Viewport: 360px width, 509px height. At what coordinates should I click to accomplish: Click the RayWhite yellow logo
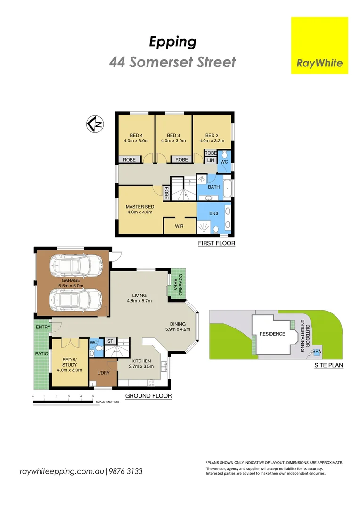click(x=319, y=45)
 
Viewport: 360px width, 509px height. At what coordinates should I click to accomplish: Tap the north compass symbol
click(x=95, y=124)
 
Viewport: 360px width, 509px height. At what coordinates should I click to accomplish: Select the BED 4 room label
click(x=136, y=138)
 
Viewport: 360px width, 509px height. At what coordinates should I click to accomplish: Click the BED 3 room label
click(x=173, y=138)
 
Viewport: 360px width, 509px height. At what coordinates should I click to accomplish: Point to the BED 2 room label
click(x=211, y=138)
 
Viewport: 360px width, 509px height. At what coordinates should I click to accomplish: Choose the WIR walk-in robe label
click(x=179, y=226)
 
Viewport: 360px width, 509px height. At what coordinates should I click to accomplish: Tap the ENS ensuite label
click(x=214, y=213)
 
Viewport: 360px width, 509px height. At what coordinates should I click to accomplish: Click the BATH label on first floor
click(x=214, y=187)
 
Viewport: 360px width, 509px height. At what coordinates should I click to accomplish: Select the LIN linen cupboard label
click(x=211, y=161)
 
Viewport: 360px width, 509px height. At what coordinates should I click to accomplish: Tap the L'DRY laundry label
click(x=103, y=373)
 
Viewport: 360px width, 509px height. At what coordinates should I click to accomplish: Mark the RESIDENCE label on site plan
click(x=272, y=334)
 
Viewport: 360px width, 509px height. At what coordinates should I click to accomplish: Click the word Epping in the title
click(x=172, y=41)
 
